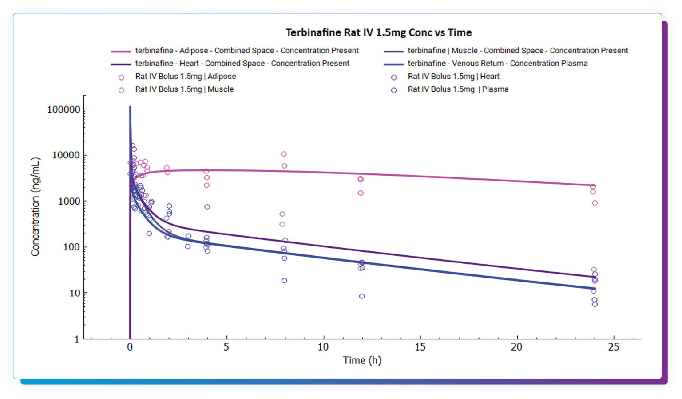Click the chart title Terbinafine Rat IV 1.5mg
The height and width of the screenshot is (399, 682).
click(378, 32)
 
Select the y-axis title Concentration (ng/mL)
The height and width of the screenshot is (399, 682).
click(35, 207)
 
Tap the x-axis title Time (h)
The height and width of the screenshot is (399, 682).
click(362, 360)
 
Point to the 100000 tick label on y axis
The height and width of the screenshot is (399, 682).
click(64, 109)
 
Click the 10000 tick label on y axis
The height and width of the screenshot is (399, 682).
click(66, 155)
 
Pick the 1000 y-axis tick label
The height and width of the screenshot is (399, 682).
click(69, 201)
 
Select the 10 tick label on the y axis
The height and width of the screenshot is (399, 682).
click(75, 293)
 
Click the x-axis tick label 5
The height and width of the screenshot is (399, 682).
click(226, 347)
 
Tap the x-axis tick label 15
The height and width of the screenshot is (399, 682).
click(420, 347)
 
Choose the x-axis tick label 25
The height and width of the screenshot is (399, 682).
click(613, 347)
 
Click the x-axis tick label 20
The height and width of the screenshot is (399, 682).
click(516, 347)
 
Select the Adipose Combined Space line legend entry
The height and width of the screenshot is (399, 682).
click(246, 51)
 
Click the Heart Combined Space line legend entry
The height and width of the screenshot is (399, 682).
click(242, 64)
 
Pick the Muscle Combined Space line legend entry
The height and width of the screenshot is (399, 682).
click(517, 51)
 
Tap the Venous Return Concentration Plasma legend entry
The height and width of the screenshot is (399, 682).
click(497, 64)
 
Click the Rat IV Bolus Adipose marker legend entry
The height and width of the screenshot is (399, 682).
click(185, 77)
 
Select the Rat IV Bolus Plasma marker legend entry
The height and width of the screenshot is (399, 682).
click(458, 89)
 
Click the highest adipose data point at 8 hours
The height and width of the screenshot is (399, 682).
click(284, 154)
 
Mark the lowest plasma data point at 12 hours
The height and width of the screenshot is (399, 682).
click(362, 296)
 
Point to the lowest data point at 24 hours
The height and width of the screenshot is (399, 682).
click(595, 304)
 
